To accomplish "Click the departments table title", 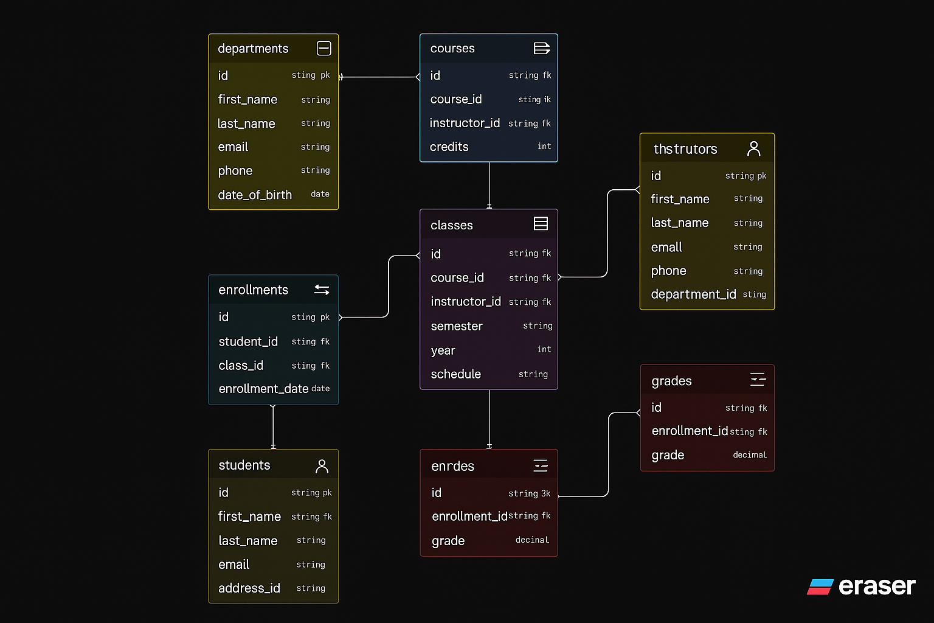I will pyautogui.click(x=253, y=49).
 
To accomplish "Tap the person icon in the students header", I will pyautogui.click(x=322, y=466).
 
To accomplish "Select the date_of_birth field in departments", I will pyautogui.click(x=255, y=195).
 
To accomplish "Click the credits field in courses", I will pyautogui.click(x=449, y=147).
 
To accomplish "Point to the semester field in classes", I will pyautogui.click(x=456, y=326).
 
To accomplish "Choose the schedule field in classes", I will pyautogui.click(x=455, y=374).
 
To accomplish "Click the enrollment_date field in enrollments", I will pyautogui.click(x=263, y=389).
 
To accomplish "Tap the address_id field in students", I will pyautogui.click(x=249, y=588).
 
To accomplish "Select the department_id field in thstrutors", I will pyautogui.click(x=693, y=294).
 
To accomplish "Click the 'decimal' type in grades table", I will pyautogui.click(x=750, y=455).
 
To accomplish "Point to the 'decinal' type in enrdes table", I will pyautogui.click(x=532, y=540).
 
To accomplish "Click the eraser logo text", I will pyautogui.click(x=876, y=586).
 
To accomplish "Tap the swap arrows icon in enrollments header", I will pyautogui.click(x=322, y=290).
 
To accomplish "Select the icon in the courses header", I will pyautogui.click(x=541, y=48).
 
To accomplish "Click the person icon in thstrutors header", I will pyautogui.click(x=754, y=148).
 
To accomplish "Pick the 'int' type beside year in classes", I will pyautogui.click(x=544, y=349).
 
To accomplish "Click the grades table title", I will pyautogui.click(x=671, y=381).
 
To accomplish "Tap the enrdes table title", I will pyautogui.click(x=452, y=466).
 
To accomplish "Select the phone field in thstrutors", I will pyautogui.click(x=668, y=271).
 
